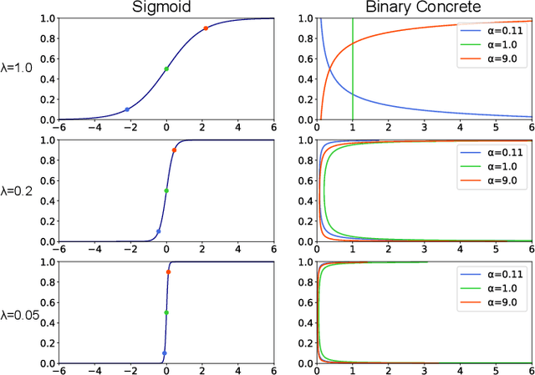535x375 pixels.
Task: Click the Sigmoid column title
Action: click(x=166, y=8)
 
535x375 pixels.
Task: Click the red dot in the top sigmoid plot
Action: click(x=206, y=28)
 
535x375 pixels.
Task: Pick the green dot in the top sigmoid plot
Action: click(x=166, y=69)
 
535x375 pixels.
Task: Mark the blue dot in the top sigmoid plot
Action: click(x=127, y=109)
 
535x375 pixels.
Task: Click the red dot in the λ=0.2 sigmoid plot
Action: click(x=174, y=150)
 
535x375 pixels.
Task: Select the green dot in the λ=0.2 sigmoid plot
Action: click(x=166, y=190)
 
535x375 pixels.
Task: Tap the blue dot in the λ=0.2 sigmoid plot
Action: click(x=159, y=231)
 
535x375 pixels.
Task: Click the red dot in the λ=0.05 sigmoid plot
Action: click(x=168, y=272)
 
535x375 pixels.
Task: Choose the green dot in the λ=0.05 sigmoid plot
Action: click(x=166, y=312)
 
